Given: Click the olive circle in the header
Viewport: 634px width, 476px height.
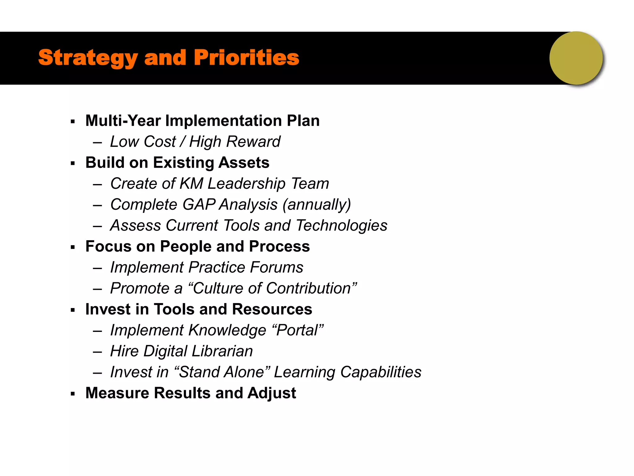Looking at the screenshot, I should click(576, 58).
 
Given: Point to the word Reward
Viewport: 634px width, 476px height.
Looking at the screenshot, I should click(253, 142).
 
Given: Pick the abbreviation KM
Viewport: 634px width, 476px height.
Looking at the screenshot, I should click(191, 183).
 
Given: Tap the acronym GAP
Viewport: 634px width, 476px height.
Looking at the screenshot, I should click(199, 205).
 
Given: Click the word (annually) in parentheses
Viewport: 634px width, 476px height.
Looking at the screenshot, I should click(317, 205).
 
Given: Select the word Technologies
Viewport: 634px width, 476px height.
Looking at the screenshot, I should click(341, 225).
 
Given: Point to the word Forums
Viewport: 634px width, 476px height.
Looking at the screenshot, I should click(276, 267).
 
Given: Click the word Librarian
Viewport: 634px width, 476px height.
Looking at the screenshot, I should click(222, 351).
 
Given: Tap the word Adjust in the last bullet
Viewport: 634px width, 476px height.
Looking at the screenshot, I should click(271, 393).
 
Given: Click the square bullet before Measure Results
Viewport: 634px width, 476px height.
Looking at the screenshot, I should click(73, 394).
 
